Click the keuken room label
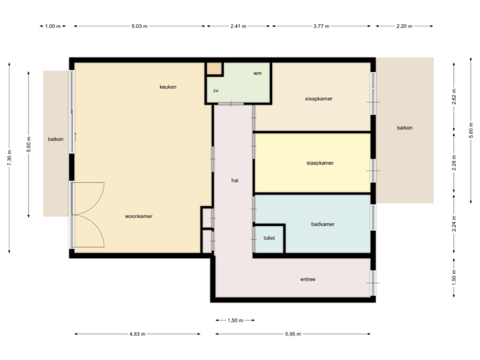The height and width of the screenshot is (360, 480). [167, 87]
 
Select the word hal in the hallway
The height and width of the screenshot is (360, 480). [235, 180]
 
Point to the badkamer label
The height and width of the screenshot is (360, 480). [323, 225]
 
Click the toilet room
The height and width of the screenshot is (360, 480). [269, 238]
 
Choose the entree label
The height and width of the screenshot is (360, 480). [307, 279]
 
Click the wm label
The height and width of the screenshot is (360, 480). [257, 73]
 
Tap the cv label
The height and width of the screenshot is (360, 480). [216, 91]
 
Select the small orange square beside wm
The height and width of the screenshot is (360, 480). [213, 69]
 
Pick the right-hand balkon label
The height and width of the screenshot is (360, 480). [404, 128]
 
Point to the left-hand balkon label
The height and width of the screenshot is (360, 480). [55, 139]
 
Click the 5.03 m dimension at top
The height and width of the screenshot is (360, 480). [139, 26]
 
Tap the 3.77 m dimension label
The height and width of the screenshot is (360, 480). [322, 26]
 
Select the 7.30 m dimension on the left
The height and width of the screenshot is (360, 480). [9, 157]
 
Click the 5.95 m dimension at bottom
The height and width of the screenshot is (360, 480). [293, 334]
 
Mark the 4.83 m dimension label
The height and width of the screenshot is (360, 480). [138, 334]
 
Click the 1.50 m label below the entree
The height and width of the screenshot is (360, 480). [235, 320]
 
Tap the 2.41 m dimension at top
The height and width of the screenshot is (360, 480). [238, 26]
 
